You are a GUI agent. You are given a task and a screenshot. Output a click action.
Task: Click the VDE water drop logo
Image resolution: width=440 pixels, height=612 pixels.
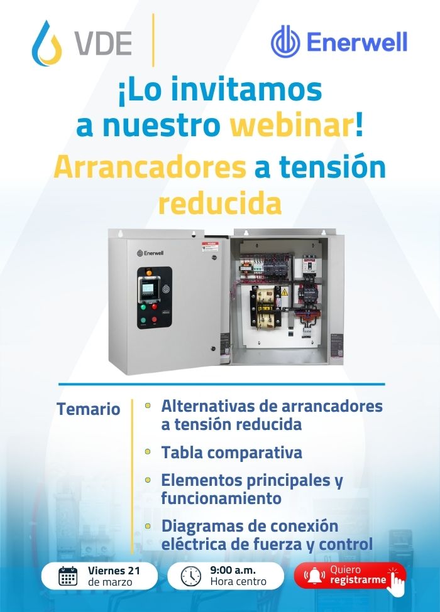(x=47, y=43)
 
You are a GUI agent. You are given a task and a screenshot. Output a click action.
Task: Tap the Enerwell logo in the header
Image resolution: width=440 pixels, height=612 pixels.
(x=339, y=42)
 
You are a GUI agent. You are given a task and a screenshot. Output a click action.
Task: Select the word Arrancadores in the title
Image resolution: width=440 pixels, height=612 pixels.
(x=150, y=167)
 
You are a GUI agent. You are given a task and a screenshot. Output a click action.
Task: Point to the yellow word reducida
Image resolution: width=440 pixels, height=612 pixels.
(x=219, y=203)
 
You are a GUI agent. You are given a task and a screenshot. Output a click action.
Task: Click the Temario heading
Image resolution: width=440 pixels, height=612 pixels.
(x=88, y=409)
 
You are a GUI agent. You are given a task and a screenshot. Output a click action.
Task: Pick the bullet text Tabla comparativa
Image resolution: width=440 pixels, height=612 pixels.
(x=232, y=453)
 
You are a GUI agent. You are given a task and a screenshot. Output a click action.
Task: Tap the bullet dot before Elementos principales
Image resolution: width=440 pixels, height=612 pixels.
(x=148, y=480)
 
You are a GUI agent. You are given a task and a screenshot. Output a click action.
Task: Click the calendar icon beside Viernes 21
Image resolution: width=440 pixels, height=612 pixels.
(x=68, y=576)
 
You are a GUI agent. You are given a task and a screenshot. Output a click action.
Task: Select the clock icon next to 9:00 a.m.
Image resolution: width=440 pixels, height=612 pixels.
(x=191, y=576)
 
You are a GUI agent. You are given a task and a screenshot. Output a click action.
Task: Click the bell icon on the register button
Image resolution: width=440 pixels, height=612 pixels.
(x=314, y=576)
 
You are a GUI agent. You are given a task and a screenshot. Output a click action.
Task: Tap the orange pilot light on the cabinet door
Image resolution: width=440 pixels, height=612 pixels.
(x=148, y=271)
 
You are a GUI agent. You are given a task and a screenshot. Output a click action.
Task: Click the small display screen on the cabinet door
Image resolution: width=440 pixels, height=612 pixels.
(x=148, y=289)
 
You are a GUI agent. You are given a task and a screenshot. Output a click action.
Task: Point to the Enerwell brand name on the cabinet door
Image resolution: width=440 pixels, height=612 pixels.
(x=150, y=253)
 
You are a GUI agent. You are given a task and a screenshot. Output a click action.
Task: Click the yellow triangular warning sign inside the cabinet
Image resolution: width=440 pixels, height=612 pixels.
(x=285, y=292)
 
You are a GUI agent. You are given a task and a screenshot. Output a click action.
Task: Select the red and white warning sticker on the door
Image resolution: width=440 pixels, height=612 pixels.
(x=210, y=246)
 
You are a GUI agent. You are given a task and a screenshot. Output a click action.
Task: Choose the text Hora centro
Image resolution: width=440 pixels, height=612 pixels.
(x=238, y=581)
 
